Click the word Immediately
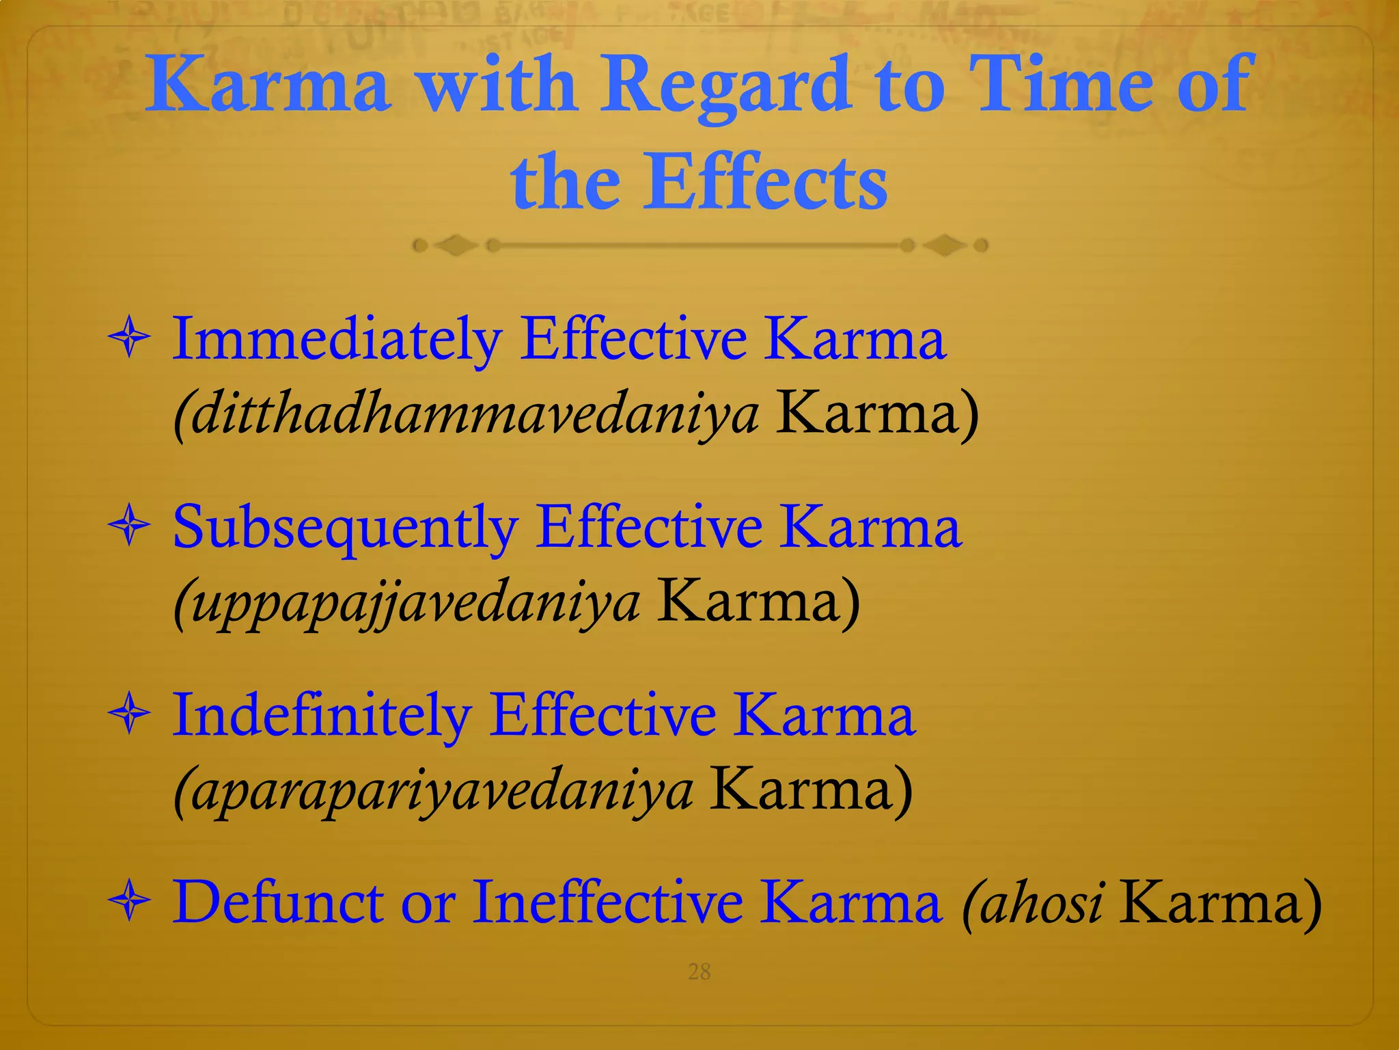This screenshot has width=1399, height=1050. pyautogui.click(x=337, y=340)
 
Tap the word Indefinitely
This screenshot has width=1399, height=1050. pyautogui.click(x=321, y=716)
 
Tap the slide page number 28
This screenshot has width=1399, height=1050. pyautogui.click(x=699, y=971)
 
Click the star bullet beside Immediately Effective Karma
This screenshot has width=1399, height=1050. pyautogui.click(x=129, y=339)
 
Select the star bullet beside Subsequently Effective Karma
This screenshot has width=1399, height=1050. pyautogui.click(x=129, y=527)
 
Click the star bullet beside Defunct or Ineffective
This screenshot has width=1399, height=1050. pyautogui.click(x=129, y=902)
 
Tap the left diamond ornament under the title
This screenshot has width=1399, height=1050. pyautogui.click(x=456, y=245)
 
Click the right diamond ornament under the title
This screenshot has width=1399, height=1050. pyautogui.click(x=944, y=245)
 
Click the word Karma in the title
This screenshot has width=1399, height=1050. pyautogui.click(x=268, y=86)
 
